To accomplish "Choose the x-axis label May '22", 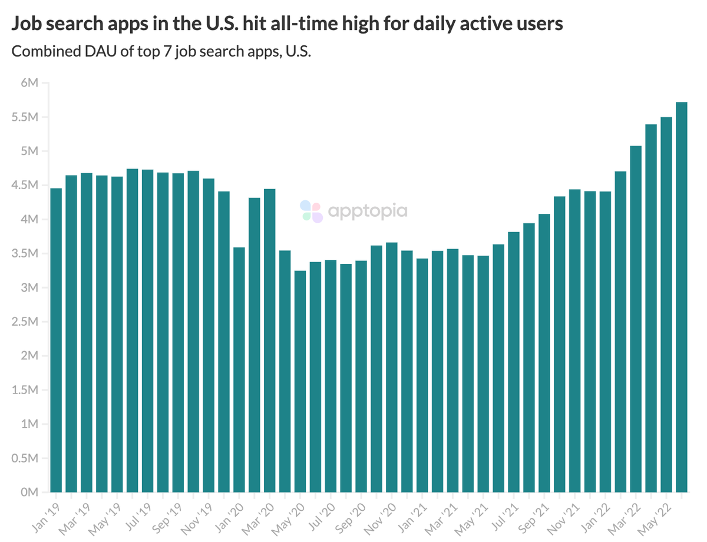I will [656, 517].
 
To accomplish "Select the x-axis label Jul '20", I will [321, 517].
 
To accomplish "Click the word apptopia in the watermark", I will [366, 210].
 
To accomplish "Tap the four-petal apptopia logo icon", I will [311, 211].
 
